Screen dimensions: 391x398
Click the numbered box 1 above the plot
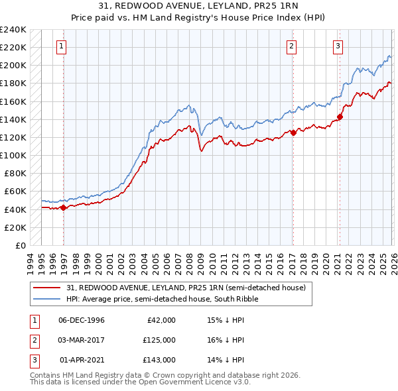pos(61,46)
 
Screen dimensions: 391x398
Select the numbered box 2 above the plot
pos(291,46)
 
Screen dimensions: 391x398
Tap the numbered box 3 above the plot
pos(338,46)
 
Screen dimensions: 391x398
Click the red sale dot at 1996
pos(64,207)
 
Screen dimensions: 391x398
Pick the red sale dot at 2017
pos(293,133)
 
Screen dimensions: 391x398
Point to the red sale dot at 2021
pos(340,117)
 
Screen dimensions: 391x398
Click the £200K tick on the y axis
pos(13,66)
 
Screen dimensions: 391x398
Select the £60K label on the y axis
pos(15,192)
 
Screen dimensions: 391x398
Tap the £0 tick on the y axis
pos(20,245)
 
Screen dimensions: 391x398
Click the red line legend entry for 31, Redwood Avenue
pos(186,288)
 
